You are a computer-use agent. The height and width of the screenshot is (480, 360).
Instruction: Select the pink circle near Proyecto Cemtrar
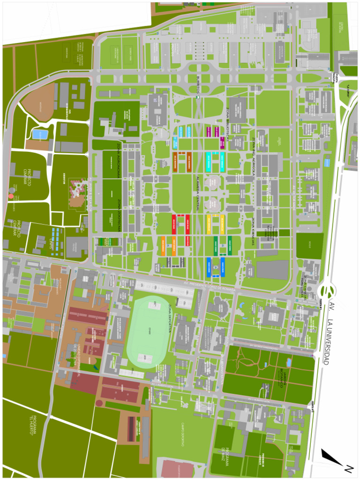11,195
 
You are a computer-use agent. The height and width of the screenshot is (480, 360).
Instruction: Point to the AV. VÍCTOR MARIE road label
295,197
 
